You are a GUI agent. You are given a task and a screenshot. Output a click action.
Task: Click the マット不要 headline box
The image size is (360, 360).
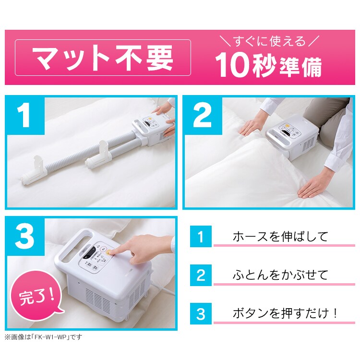103,58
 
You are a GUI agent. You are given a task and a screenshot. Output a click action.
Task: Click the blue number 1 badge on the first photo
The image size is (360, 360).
25,116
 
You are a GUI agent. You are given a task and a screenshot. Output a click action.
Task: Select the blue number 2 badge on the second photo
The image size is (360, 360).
204,116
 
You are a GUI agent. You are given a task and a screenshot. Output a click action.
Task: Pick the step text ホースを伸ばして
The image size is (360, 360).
280,237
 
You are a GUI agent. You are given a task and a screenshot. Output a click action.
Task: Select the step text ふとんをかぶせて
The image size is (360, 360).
280,275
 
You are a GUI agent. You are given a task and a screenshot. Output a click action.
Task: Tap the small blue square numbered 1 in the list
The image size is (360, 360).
201,237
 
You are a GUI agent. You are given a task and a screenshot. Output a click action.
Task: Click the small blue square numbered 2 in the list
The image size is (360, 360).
201,276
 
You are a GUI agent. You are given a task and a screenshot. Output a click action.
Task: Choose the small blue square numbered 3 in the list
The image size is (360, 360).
201,314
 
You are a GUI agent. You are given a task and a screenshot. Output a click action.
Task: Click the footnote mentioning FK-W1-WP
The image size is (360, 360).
43,337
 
